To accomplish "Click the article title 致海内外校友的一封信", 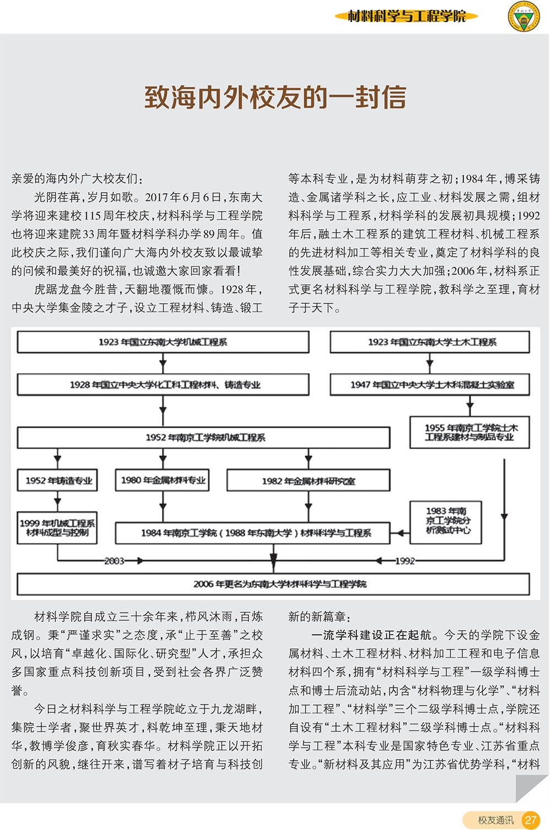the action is (275, 97).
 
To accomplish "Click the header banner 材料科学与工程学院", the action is (406, 17).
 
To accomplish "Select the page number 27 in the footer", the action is (531, 819).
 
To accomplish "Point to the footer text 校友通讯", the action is (496, 820).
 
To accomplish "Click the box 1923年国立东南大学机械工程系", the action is (163, 342).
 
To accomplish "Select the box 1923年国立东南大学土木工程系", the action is (430, 342).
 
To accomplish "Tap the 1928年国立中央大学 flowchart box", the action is (163, 385).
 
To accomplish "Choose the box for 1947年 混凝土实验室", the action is (430, 385).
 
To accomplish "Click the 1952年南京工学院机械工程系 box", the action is (203, 438).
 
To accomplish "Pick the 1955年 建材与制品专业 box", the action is (470, 433).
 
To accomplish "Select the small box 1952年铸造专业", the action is (57, 480).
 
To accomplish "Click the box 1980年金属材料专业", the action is (162, 480).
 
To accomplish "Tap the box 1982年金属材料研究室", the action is (309, 480).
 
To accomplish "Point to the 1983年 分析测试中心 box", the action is (446, 522).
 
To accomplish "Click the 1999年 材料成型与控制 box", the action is (57, 528).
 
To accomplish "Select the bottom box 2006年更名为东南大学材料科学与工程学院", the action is (273, 585).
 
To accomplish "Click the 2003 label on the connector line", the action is (114, 561).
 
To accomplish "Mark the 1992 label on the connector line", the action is (405, 561).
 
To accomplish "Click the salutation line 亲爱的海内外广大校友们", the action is (77, 179).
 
